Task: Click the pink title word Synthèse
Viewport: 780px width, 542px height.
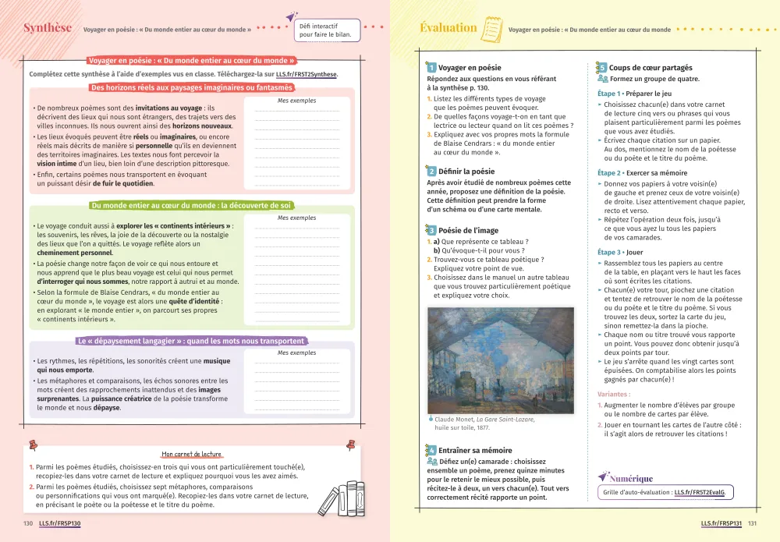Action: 48,28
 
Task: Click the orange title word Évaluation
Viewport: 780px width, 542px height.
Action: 448,28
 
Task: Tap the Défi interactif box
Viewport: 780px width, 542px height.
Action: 327,30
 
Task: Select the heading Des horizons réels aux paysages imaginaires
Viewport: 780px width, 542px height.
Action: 191,87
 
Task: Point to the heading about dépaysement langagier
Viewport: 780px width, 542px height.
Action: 191,341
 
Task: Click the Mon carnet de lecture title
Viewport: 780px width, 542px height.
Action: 191,454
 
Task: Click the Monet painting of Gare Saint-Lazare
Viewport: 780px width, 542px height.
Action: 500,360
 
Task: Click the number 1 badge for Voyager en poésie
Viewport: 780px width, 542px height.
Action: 431,68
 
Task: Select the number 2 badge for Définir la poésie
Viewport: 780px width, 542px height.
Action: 431,171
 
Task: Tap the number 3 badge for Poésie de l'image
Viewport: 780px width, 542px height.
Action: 431,230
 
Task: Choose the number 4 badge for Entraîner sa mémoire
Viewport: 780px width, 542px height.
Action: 431,450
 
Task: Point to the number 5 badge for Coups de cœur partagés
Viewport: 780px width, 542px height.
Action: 602,68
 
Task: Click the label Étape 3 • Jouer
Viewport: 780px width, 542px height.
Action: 621,253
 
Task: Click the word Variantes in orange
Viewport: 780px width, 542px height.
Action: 614,395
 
